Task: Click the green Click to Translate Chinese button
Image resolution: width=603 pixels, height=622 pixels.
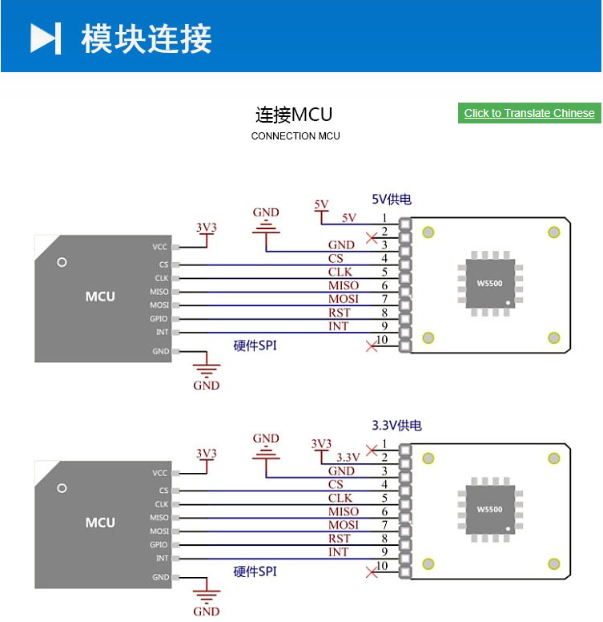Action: click(x=529, y=113)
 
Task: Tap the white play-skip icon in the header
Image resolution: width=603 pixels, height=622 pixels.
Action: click(x=46, y=38)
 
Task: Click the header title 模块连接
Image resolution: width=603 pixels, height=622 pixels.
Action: click(x=147, y=38)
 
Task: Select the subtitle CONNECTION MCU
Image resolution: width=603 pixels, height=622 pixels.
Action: click(x=295, y=136)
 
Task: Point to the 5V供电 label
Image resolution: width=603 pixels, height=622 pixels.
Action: click(x=392, y=200)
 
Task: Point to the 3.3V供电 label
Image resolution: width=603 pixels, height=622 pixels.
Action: click(x=396, y=426)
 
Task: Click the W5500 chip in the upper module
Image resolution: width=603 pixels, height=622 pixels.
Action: click(x=489, y=283)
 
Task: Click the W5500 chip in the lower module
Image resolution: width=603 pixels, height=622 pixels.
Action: click(x=489, y=509)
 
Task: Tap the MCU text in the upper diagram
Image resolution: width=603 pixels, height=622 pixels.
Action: click(x=100, y=297)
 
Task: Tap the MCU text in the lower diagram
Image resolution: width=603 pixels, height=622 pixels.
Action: click(x=100, y=523)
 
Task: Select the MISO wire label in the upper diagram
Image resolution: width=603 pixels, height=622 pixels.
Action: click(x=344, y=285)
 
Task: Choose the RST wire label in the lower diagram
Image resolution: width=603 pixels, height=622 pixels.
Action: click(x=340, y=539)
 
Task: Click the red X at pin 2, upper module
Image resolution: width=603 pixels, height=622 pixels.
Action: click(x=371, y=237)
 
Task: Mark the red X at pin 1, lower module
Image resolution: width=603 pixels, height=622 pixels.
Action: click(x=371, y=449)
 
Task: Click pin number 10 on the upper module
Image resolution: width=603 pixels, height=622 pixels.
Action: click(x=382, y=340)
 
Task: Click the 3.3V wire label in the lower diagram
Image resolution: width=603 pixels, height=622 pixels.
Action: click(x=348, y=458)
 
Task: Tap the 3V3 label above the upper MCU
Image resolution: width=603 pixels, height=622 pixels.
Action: click(x=207, y=228)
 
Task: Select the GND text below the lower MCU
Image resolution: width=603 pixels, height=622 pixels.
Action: click(x=207, y=611)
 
